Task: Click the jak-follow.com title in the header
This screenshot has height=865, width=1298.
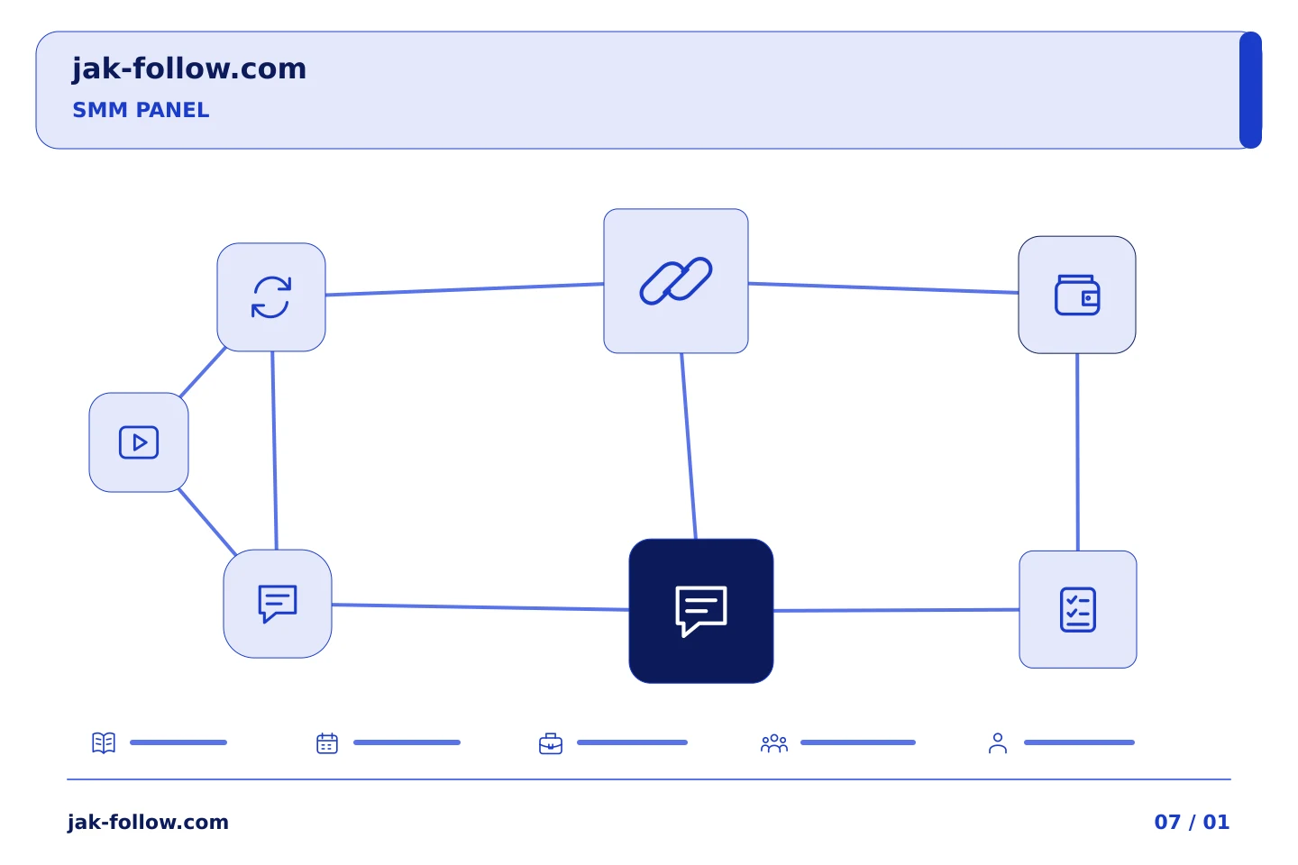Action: [x=189, y=69]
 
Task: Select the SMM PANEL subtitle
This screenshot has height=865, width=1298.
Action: [x=141, y=110]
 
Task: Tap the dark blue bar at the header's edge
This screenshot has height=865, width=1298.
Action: [x=1250, y=90]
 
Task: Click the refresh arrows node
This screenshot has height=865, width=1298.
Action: [x=271, y=297]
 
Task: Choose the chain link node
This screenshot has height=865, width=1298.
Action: [x=676, y=281]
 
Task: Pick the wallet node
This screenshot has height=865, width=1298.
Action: [x=1076, y=295]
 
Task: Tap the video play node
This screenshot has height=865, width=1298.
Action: [x=139, y=442]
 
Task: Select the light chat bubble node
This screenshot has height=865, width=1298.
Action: [x=278, y=604]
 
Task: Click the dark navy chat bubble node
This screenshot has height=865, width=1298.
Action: [x=701, y=611]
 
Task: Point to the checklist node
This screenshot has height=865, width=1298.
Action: [x=1078, y=609]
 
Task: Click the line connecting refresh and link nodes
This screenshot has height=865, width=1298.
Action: [x=464, y=289]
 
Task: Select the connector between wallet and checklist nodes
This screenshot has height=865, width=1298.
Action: [x=1077, y=452]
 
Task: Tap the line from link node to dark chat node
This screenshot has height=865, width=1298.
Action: [x=689, y=446]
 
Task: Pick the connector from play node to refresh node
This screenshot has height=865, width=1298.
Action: [x=202, y=372]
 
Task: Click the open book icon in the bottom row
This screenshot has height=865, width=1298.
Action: [x=104, y=742]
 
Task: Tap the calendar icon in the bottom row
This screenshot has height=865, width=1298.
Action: [x=327, y=743]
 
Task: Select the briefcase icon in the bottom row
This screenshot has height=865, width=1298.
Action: [x=551, y=743]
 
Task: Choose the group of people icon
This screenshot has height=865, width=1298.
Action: [x=774, y=743]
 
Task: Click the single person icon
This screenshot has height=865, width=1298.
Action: [x=998, y=743]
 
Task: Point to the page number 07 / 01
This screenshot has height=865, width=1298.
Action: [x=1192, y=822]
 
